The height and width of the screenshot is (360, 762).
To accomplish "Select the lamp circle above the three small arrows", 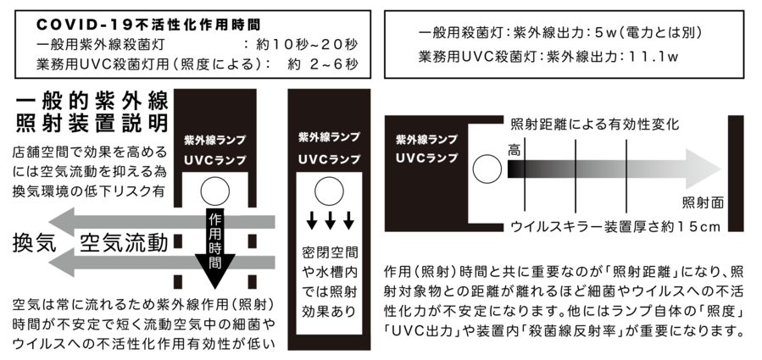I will pyautogui.click(x=330, y=188).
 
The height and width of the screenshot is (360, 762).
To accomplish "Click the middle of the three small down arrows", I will pyautogui.click(x=330, y=223).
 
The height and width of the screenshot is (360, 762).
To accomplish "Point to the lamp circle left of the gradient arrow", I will pyautogui.click(x=487, y=170).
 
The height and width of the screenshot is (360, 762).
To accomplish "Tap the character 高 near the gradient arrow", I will pyautogui.click(x=514, y=149).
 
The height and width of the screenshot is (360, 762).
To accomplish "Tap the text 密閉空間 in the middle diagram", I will pyautogui.click(x=330, y=252).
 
